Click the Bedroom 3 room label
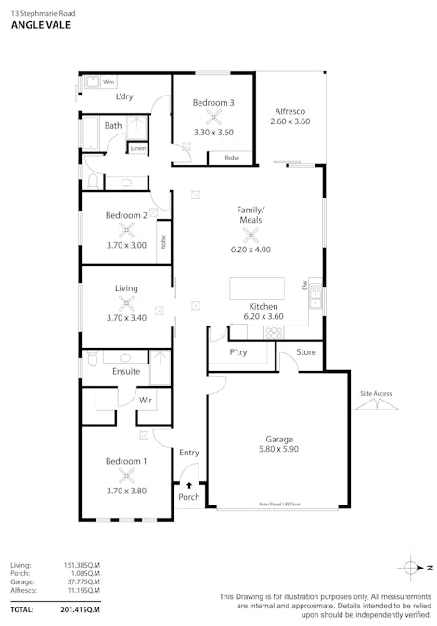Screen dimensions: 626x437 click(213, 102)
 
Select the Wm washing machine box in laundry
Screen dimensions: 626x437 click(108, 83)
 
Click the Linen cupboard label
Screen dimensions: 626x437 click(137, 148)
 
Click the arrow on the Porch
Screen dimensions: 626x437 click(189, 484)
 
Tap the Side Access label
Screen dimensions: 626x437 click(376, 394)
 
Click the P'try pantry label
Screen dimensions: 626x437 click(238, 353)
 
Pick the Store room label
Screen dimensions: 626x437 click(306, 353)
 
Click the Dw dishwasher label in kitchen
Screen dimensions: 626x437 click(303, 286)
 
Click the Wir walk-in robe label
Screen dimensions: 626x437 click(146, 400)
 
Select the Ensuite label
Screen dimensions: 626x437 click(126, 371)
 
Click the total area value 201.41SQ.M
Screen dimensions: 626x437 click(80, 609)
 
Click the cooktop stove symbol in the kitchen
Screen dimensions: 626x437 click(274, 331)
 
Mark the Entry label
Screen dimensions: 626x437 click(189, 453)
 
